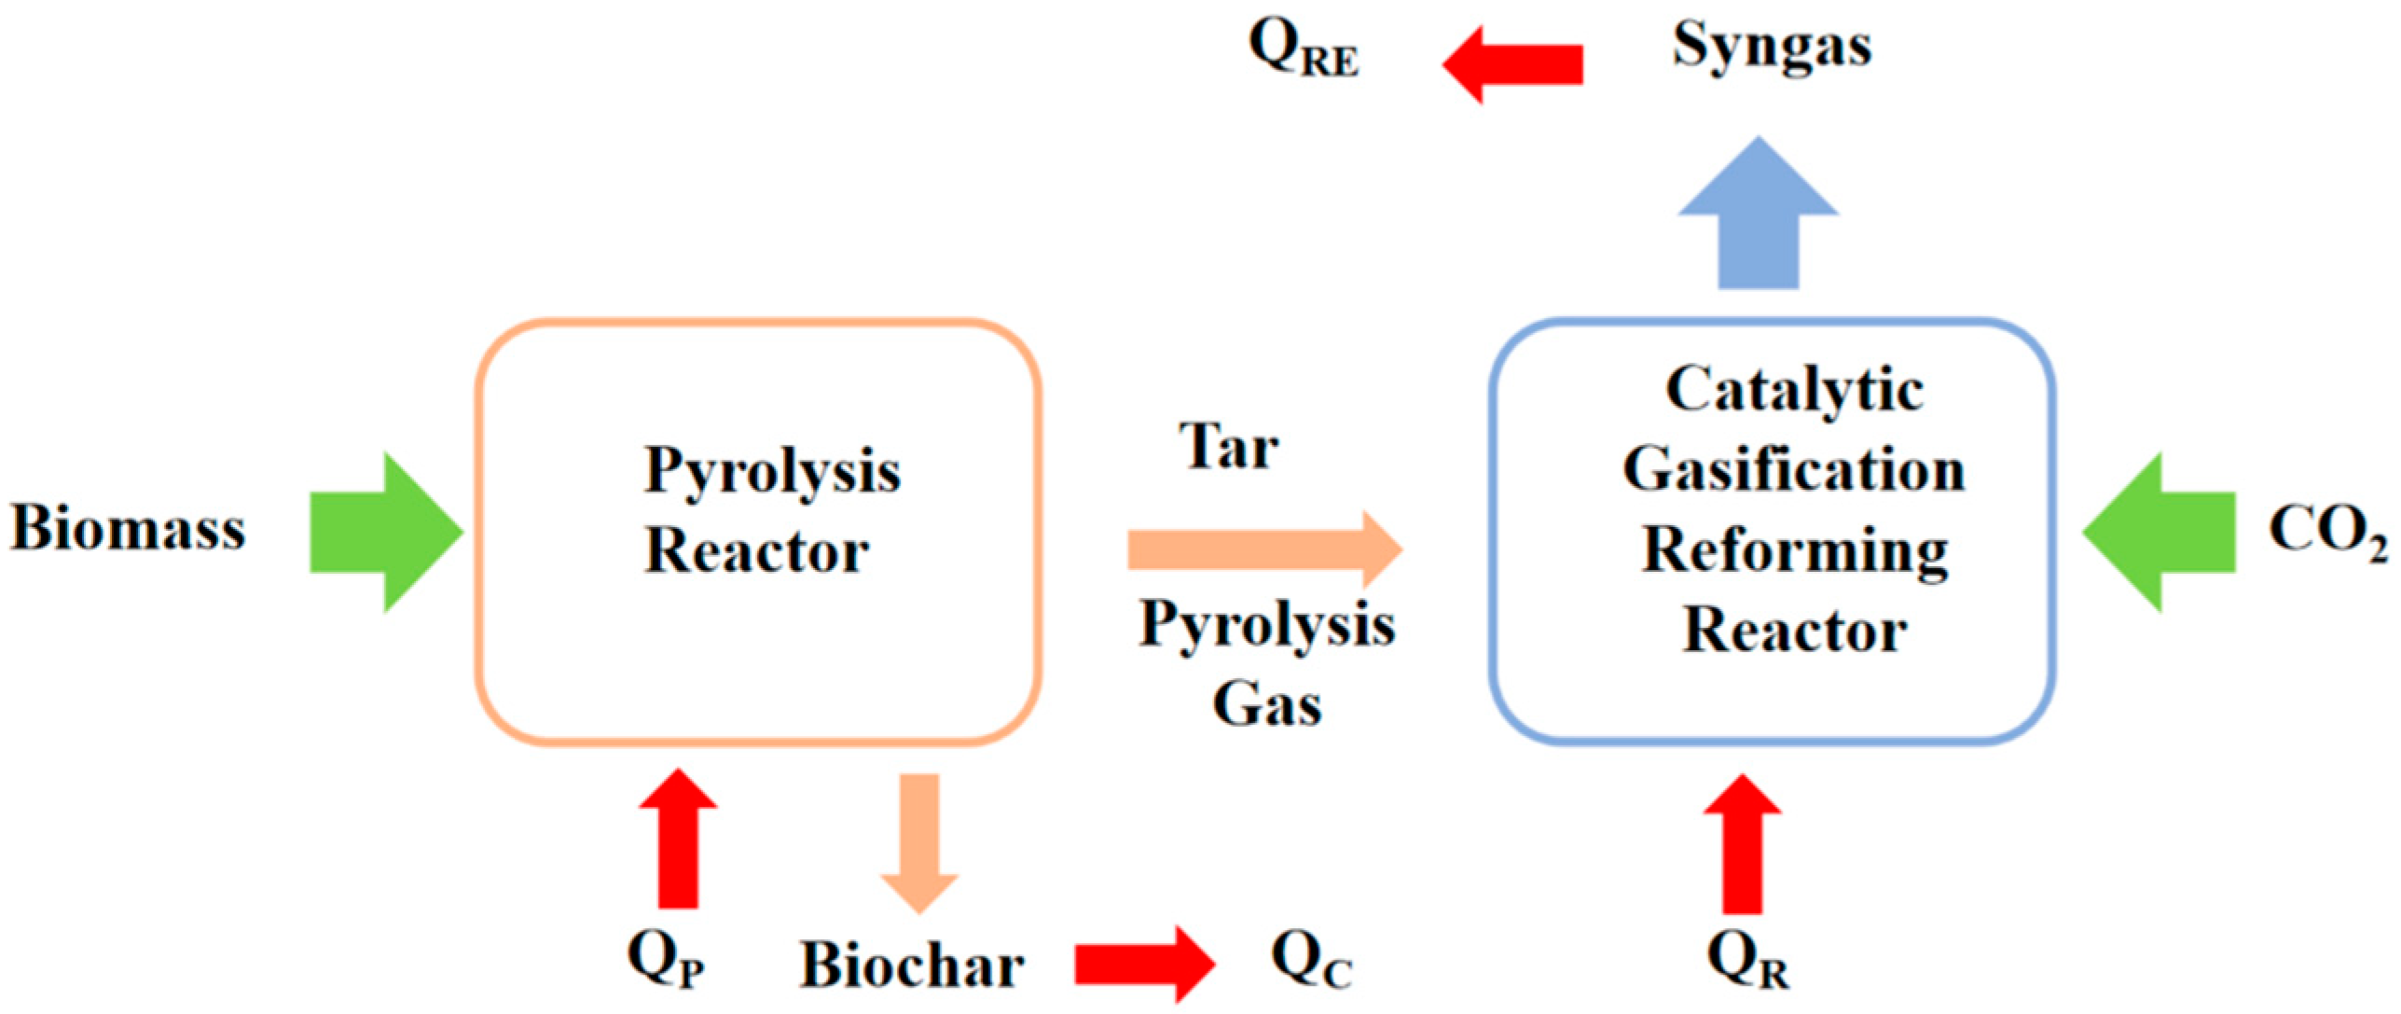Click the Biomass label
pos(128,528)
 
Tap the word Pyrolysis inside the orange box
pos(772,471)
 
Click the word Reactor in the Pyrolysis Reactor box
pos(757,550)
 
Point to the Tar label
pos(1228,447)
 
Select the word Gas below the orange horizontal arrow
pos(1266,704)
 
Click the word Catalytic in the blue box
pos(1794,389)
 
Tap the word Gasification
pos(1794,469)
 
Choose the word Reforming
pos(1794,550)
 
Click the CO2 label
pos(2325,532)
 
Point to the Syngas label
pos(1771,47)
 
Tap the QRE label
pos(1303,49)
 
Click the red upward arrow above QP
pos(678,840)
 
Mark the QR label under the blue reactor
pos(1746,961)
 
